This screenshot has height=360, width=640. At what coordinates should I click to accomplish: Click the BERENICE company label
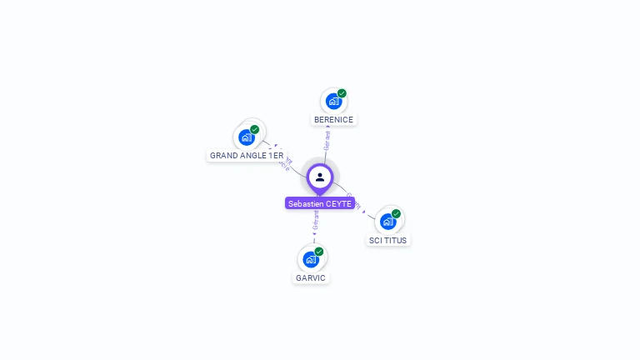click(x=333, y=120)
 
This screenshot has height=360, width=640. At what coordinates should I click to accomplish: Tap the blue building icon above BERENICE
click(x=333, y=102)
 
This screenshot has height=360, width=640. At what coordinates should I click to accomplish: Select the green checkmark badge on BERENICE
click(x=342, y=93)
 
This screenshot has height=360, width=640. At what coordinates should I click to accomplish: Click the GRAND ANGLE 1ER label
click(x=246, y=156)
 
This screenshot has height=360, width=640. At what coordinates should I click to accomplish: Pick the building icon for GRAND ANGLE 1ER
click(x=246, y=137)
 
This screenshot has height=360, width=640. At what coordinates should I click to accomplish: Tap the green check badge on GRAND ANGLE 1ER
click(x=254, y=129)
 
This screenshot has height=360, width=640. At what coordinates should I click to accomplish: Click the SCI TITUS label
click(x=388, y=240)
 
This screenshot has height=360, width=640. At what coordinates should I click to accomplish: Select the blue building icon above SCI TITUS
click(x=387, y=222)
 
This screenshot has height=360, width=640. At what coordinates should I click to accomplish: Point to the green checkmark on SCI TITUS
click(x=396, y=213)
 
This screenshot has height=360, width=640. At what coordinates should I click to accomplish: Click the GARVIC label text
click(x=311, y=277)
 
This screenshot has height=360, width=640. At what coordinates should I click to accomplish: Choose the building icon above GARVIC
click(x=311, y=259)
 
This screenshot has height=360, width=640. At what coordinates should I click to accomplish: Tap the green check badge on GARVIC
click(x=319, y=251)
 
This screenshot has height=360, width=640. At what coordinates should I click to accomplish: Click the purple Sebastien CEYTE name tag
click(x=320, y=203)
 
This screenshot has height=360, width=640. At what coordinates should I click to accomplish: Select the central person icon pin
click(x=320, y=177)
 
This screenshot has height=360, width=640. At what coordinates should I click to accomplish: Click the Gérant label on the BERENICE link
click(x=327, y=140)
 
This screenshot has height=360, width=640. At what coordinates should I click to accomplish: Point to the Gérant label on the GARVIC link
click(x=316, y=219)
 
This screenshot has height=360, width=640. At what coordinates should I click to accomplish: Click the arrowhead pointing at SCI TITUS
click(x=364, y=212)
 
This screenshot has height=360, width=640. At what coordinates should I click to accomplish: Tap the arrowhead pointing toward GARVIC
click(x=315, y=235)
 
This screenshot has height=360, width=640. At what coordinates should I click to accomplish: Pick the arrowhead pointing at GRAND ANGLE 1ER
click(x=274, y=146)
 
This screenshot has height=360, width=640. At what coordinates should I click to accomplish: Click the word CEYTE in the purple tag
click(x=338, y=203)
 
